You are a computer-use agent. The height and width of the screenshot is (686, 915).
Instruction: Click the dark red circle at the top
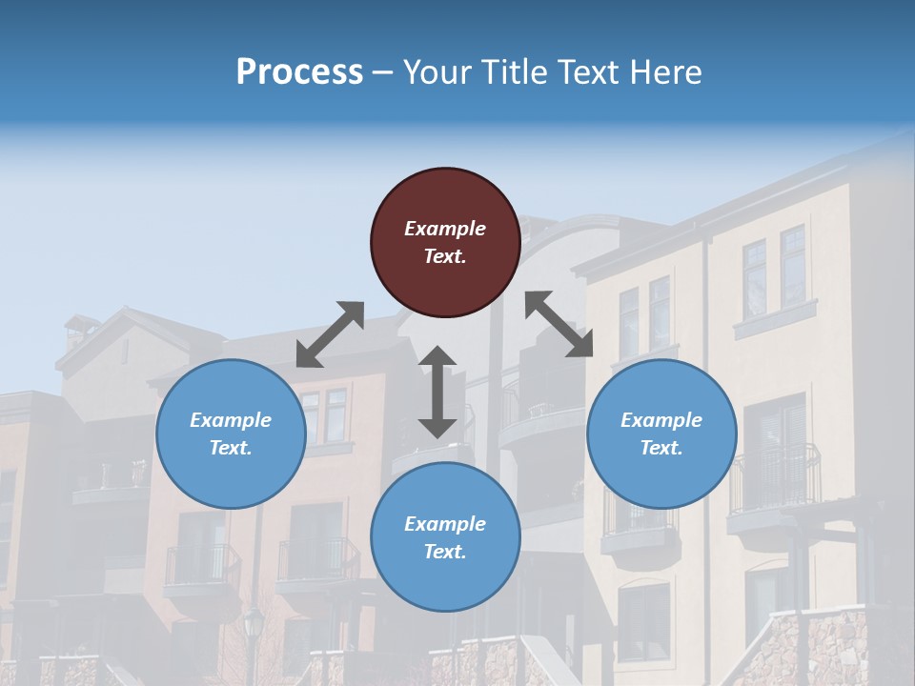(445, 242)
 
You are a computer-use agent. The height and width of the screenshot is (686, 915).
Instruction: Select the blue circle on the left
(231, 434)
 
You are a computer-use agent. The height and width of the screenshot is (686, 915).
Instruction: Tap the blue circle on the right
(661, 434)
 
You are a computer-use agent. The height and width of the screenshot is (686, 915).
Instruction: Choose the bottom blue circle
(445, 537)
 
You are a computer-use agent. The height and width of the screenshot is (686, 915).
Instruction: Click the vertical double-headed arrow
(437, 392)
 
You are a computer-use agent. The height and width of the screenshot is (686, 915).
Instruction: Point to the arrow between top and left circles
(330, 334)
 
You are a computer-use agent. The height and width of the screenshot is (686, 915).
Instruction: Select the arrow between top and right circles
(559, 324)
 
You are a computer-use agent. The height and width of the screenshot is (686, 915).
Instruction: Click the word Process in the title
(299, 72)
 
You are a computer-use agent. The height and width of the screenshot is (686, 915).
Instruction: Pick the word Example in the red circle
(445, 229)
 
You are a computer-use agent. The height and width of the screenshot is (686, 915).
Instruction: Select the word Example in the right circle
(661, 420)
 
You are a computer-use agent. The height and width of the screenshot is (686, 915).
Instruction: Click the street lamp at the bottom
(254, 629)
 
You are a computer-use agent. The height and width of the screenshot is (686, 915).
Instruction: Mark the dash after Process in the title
(383, 73)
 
